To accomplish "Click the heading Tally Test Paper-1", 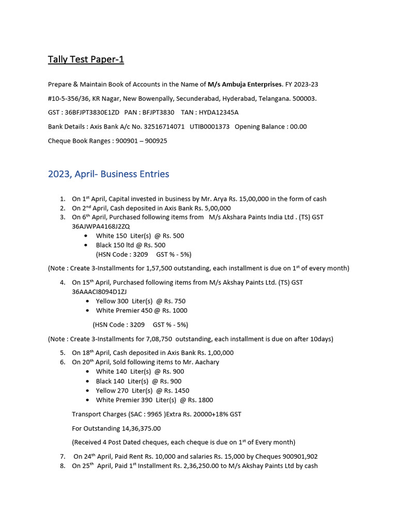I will [86, 59].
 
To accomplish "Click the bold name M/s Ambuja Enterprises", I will [245, 84].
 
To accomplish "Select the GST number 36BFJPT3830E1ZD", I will [92, 112].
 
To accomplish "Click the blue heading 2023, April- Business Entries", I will [109, 174].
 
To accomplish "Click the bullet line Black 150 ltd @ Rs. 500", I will [131, 245].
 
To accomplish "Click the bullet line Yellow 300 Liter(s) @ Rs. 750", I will [141, 301].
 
